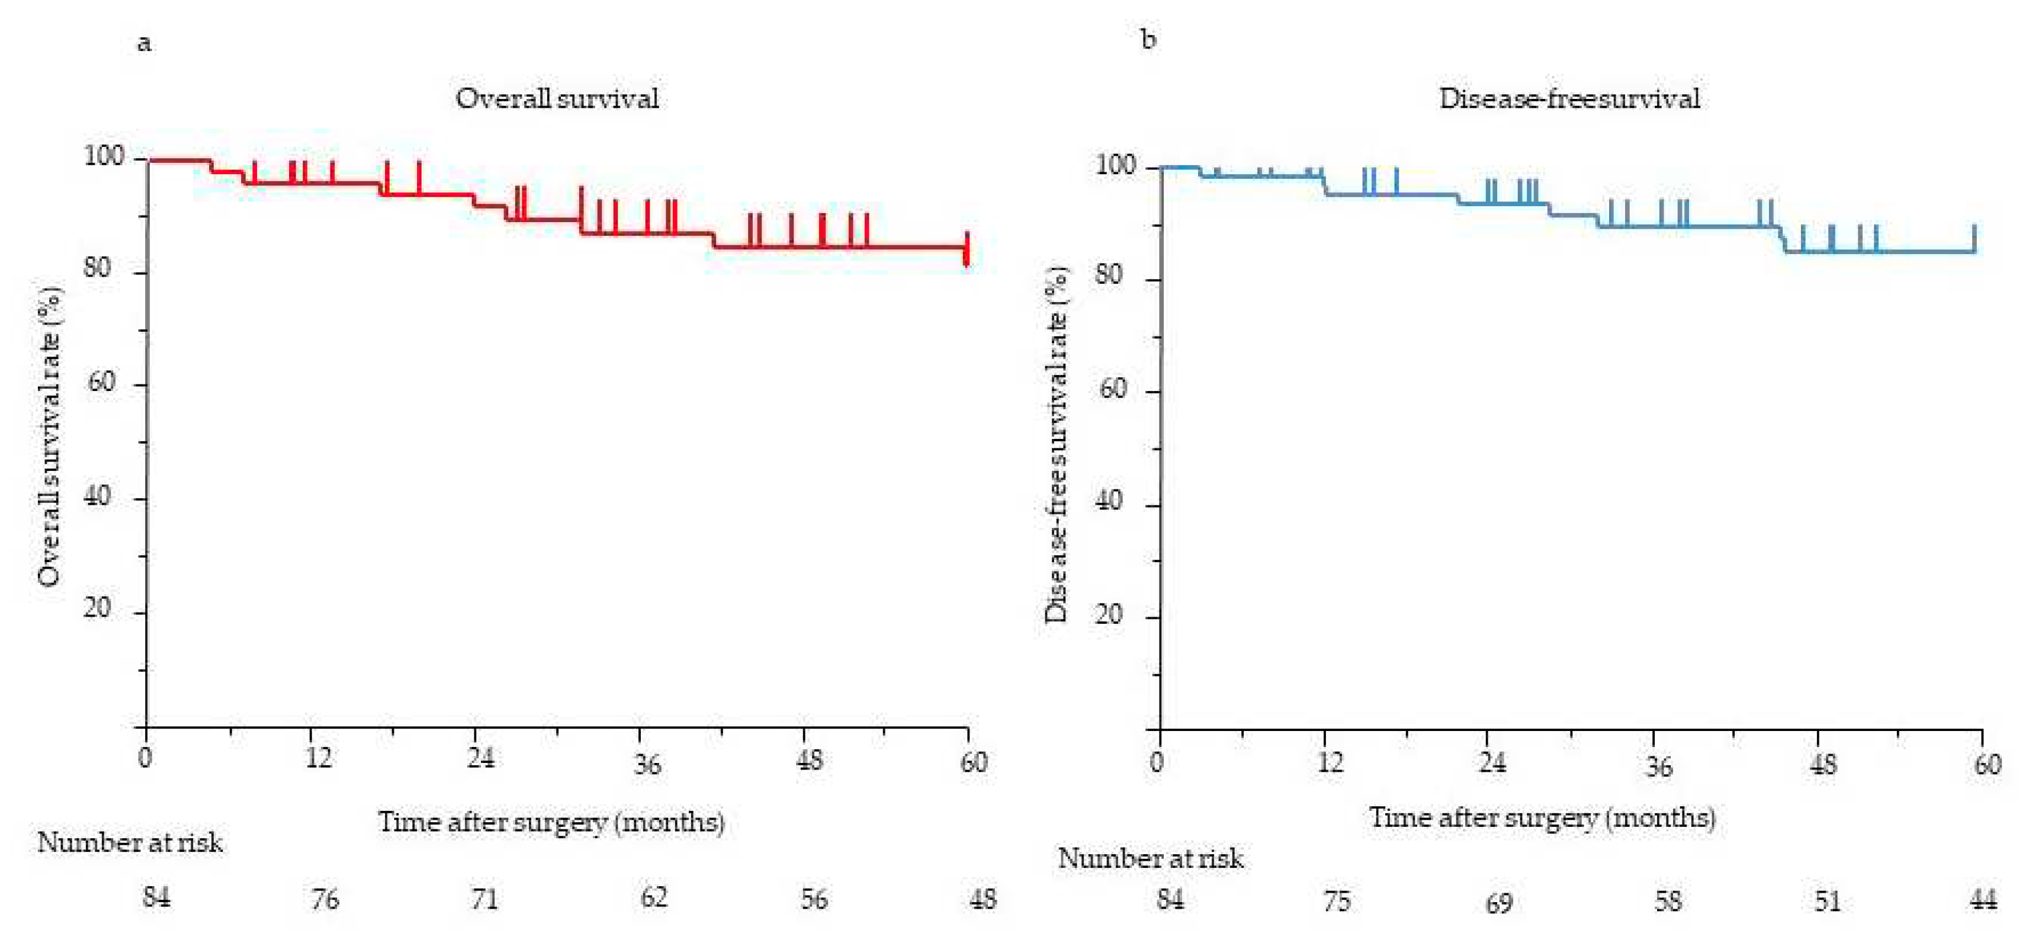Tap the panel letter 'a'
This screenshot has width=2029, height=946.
(144, 43)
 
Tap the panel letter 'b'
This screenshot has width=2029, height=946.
(1148, 39)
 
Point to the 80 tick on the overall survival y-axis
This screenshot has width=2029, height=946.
(98, 268)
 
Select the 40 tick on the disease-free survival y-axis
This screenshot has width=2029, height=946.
(1109, 501)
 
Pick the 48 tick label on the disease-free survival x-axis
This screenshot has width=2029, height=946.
(1823, 764)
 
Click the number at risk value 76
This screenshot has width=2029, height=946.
(325, 899)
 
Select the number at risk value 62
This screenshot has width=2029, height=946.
(653, 897)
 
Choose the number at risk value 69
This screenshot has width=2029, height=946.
(1498, 903)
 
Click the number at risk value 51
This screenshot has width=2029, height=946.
(1828, 900)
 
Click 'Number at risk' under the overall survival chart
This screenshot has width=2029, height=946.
(130, 843)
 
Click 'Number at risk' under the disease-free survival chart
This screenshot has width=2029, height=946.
(1150, 858)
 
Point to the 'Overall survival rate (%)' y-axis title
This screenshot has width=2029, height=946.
(49, 437)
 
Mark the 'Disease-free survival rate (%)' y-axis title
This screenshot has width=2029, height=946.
(1056, 445)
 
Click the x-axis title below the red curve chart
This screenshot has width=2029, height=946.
(551, 822)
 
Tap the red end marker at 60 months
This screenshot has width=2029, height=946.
(967, 250)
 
